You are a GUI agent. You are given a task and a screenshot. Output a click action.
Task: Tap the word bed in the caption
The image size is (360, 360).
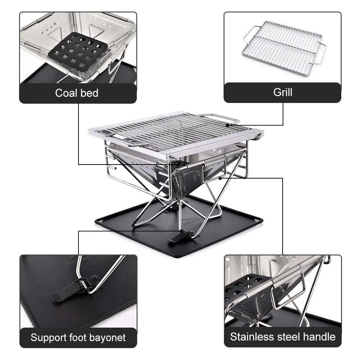pos(88,93)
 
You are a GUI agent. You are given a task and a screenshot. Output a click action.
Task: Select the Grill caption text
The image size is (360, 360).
pos(283,92)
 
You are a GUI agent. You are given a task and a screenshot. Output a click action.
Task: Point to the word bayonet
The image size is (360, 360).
pos(108,338)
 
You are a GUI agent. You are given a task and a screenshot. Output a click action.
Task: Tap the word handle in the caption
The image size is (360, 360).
pos(318,337)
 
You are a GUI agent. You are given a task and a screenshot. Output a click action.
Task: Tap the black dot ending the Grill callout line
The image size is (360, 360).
pos(228,125)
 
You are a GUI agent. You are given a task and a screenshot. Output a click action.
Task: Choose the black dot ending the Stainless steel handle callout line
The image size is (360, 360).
pos(220,177)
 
